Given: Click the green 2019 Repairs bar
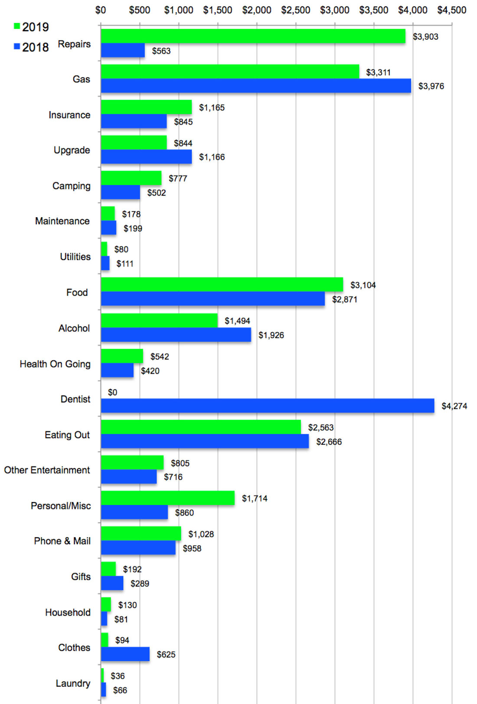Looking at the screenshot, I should point(253,36).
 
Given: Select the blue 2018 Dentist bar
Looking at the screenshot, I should point(267,406).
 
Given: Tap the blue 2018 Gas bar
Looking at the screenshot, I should point(256,86).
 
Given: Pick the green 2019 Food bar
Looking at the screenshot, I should point(222,285).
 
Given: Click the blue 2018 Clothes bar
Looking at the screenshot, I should point(125,654).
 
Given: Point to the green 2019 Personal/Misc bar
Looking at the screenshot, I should point(167,498).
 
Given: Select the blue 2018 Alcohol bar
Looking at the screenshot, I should point(176,335).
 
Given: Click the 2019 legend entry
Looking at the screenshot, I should point(31,27).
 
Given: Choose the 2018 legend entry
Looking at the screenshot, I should point(31,47).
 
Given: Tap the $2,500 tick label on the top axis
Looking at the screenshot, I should point(295,10).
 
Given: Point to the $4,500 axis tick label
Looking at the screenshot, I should point(451,10).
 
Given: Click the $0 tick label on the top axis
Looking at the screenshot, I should point(101,10).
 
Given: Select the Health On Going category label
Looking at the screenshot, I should point(55,364).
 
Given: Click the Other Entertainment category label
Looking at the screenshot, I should point(47,470).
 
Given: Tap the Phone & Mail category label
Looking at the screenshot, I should point(62,541).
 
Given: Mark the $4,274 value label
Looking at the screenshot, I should point(454,406).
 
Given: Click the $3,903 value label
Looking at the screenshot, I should point(425,37).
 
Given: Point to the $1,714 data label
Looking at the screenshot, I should point(255,499).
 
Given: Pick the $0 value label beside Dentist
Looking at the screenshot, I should point(112,392).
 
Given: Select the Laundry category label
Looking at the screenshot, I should point(73,684).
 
